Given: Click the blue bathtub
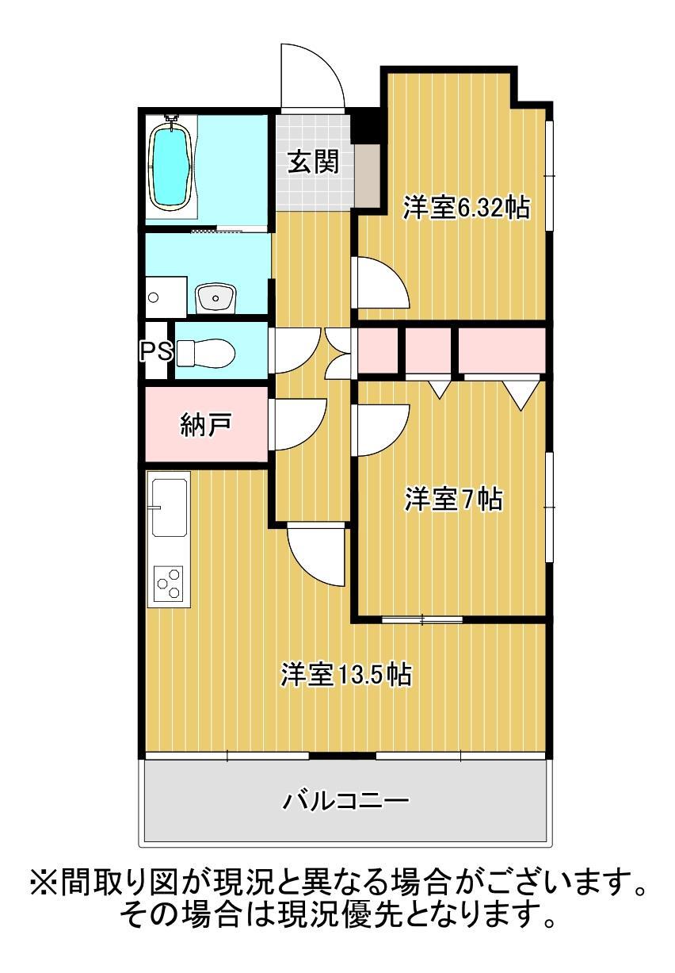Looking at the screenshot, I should [171, 165].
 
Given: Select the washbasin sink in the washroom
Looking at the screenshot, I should [215, 298].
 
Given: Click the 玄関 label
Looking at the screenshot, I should [312, 162].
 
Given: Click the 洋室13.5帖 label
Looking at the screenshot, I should [345, 674].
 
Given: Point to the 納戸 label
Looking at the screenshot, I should [204, 425].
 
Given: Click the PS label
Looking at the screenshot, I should [156, 351].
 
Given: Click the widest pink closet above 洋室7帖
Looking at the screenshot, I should [501, 349].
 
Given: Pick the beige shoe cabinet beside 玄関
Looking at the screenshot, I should [368, 174].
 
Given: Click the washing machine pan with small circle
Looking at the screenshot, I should [165, 297].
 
